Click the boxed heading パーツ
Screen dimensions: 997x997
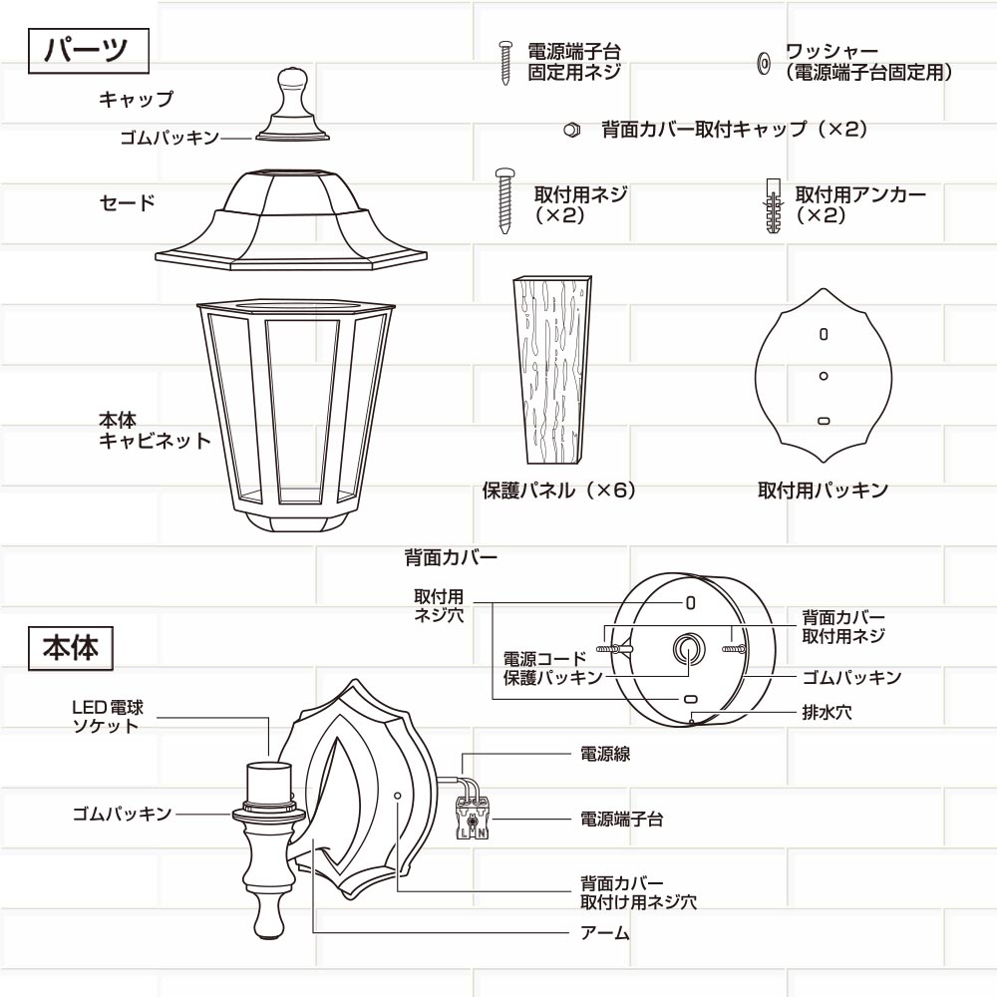(89, 51)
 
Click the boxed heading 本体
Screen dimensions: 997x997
(71, 648)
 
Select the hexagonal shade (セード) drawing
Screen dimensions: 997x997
(291, 220)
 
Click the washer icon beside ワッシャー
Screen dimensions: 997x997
(764, 62)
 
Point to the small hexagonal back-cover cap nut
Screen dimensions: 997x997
(571, 130)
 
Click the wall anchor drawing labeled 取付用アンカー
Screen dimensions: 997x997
(773, 205)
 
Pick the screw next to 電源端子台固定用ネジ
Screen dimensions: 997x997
(505, 63)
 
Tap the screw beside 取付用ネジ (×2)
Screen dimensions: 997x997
(505, 201)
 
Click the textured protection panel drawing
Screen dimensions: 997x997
(553, 370)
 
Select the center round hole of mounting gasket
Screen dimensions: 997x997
(824, 376)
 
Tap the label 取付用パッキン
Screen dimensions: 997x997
(823, 491)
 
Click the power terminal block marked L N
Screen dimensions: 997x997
(473, 817)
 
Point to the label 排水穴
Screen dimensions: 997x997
(827, 712)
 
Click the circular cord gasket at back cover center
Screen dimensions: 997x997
(689, 650)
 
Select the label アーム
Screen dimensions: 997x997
(605, 933)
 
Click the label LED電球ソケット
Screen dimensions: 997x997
(108, 717)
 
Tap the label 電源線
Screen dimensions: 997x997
(605, 754)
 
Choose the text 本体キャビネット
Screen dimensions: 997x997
(155, 431)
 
